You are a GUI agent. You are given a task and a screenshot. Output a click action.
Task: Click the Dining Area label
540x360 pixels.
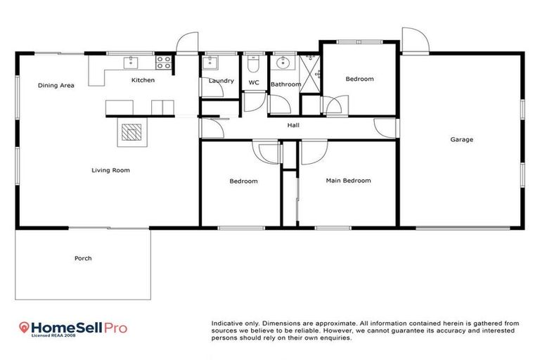56,86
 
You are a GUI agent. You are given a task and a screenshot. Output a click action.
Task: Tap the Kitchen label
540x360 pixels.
143,80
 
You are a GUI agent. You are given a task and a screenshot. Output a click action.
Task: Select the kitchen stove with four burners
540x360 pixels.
164,63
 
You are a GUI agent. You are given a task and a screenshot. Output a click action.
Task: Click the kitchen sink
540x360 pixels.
130,63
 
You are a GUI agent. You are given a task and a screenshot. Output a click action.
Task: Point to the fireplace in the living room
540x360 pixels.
129,132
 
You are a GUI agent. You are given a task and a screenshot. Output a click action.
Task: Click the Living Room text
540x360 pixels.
110,170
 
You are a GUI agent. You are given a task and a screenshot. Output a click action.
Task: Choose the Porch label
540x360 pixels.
83,258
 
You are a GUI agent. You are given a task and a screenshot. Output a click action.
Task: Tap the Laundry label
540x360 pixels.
221,82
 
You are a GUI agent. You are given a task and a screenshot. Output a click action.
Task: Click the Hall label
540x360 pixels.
293,126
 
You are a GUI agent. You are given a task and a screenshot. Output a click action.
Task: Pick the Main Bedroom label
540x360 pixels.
348,181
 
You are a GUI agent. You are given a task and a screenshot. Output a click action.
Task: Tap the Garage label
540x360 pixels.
461,139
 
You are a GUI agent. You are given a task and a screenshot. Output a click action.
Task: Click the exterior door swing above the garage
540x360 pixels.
413,40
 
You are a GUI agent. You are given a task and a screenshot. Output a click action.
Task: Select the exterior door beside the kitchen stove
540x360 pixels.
186,44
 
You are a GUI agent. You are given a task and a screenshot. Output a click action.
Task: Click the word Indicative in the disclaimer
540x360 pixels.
226,323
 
